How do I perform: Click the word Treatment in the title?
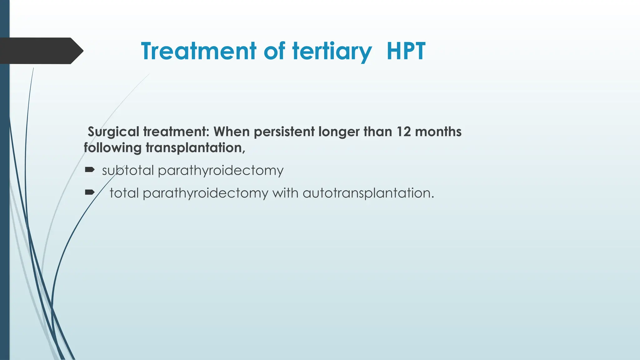[198, 51]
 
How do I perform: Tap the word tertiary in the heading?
[332, 51]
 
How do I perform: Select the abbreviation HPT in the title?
[406, 51]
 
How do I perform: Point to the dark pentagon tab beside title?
[41, 51]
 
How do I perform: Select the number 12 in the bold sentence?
[404, 132]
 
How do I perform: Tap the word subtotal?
[128, 171]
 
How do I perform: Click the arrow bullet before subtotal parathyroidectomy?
[90, 170]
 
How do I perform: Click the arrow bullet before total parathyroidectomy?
[90, 192]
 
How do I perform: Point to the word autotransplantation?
[368, 193]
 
